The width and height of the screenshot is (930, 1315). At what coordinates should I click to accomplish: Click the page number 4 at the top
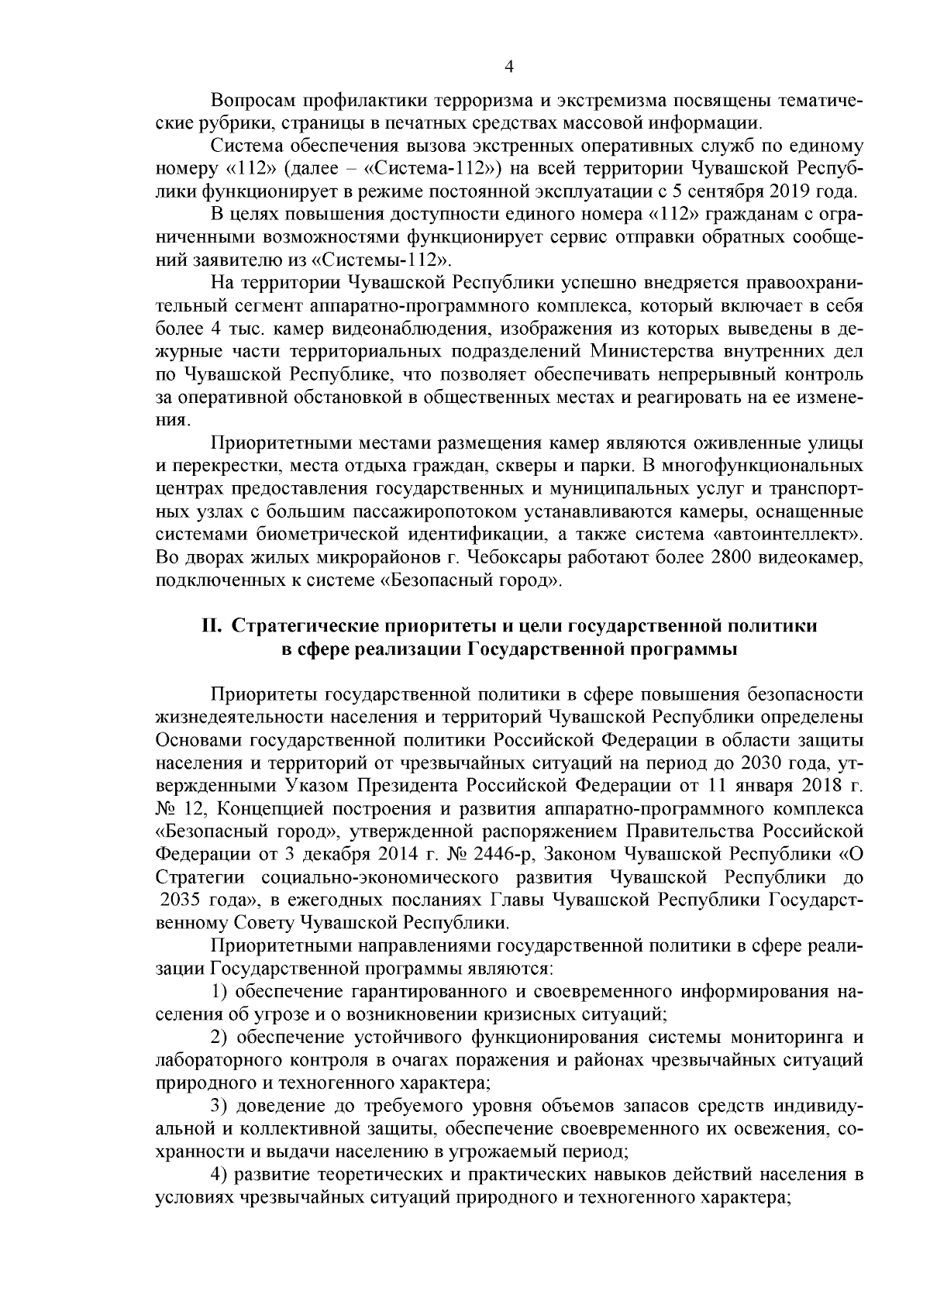coord(508,67)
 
